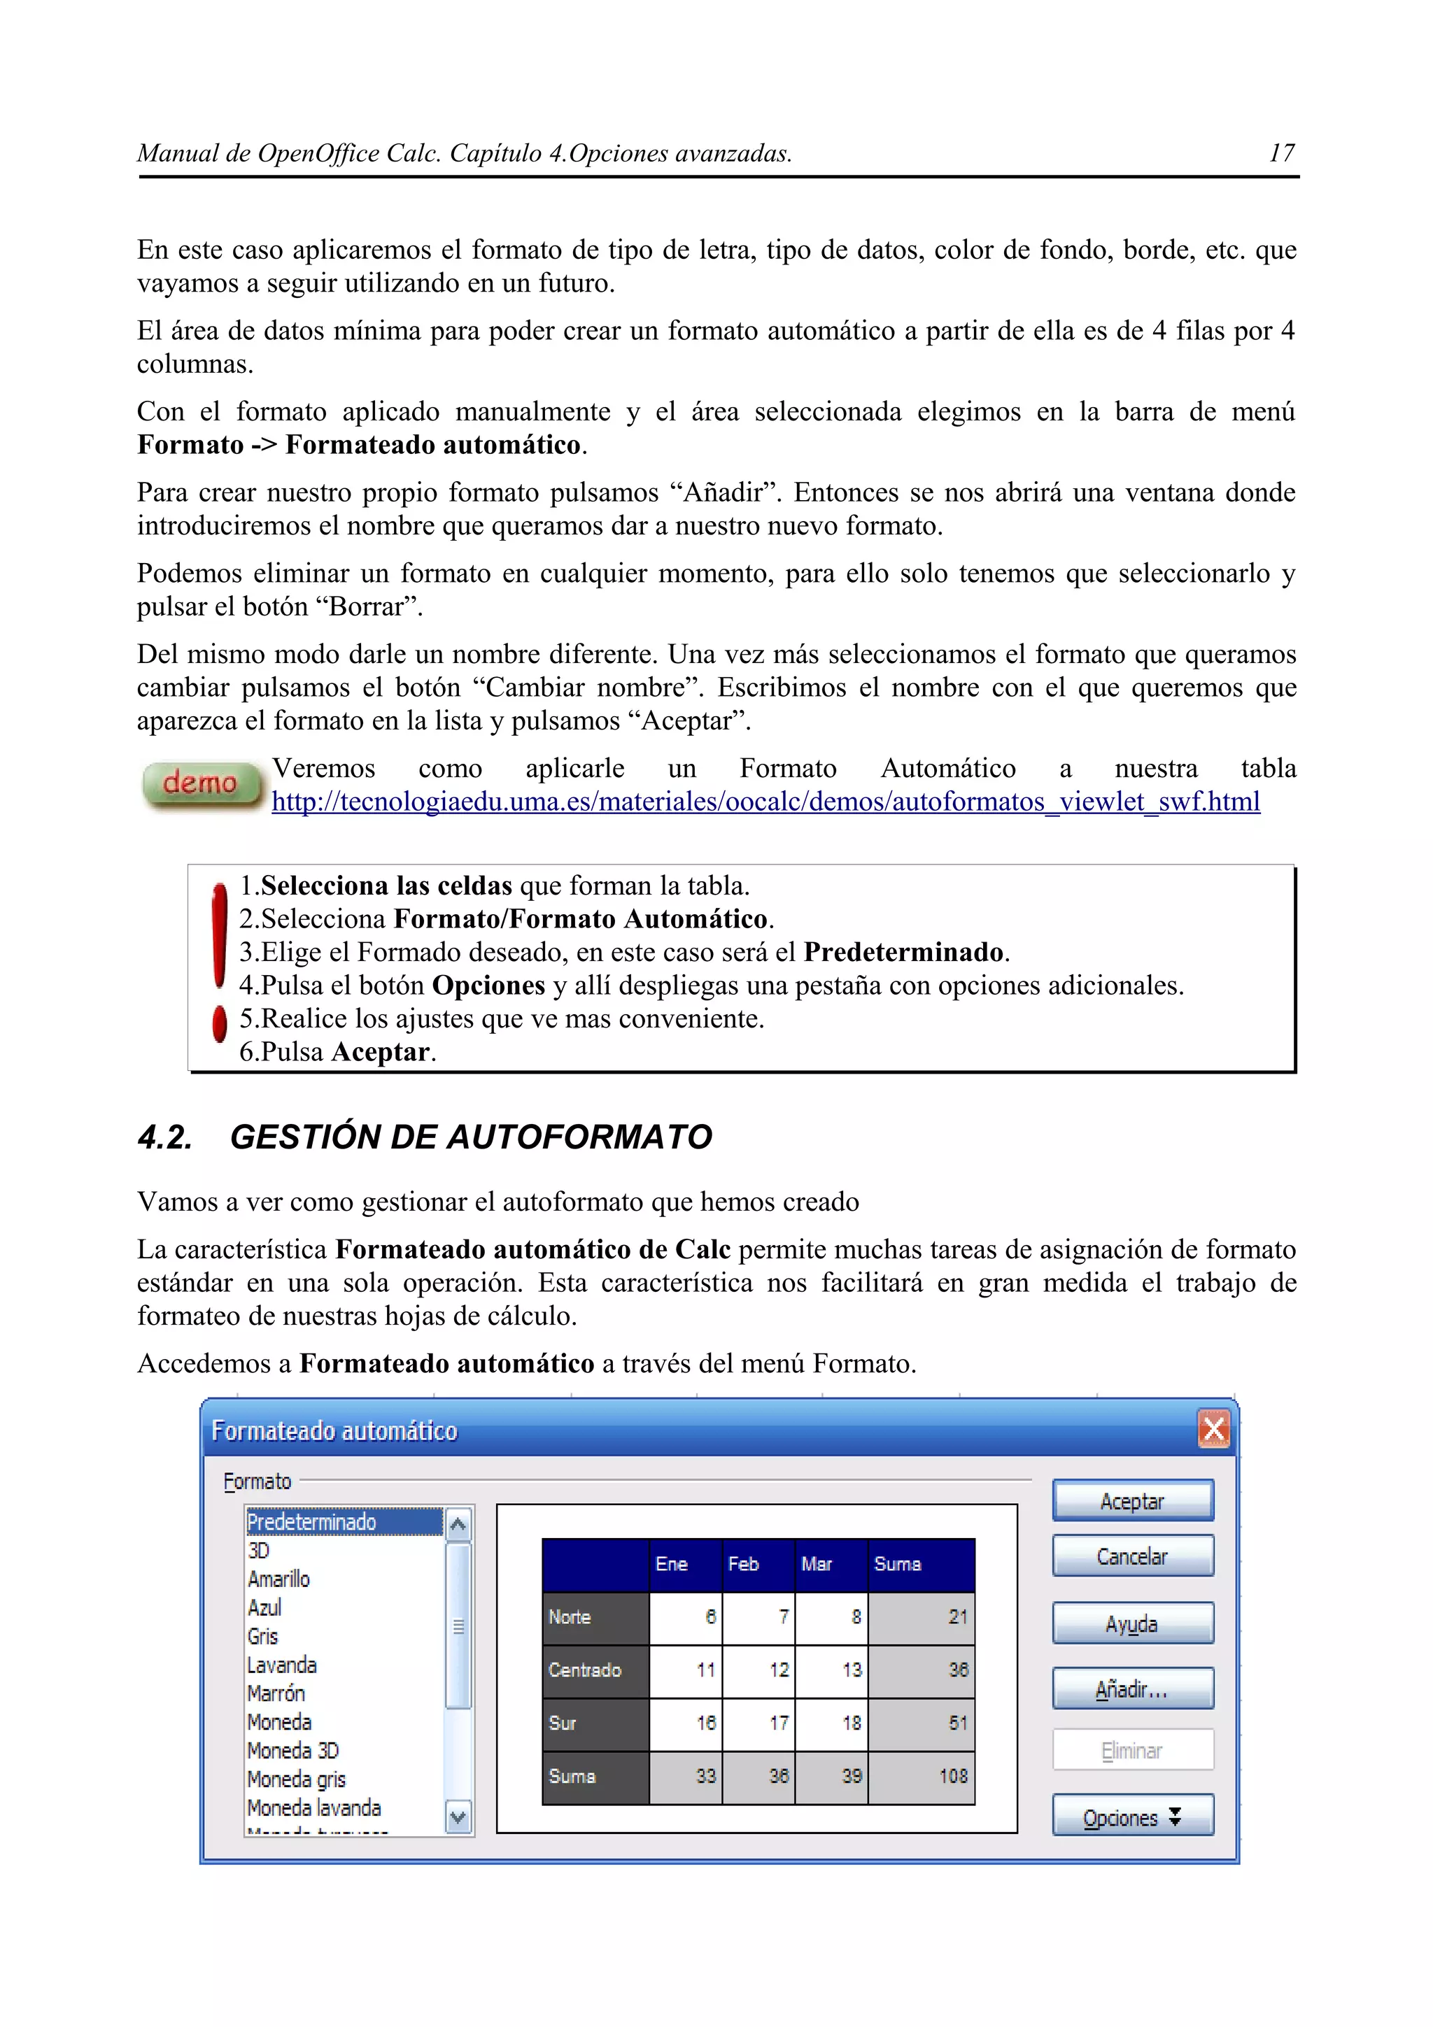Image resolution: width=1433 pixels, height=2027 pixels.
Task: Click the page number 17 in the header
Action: pyautogui.click(x=1281, y=154)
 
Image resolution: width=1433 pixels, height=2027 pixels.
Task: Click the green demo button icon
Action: pyautogui.click(x=202, y=784)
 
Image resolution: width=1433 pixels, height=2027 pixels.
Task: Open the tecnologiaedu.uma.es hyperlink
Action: pyautogui.click(x=765, y=802)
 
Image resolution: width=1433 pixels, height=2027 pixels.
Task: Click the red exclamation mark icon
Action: pyautogui.click(x=220, y=962)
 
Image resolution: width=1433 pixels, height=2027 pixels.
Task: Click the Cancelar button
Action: pyautogui.click(x=1132, y=1556)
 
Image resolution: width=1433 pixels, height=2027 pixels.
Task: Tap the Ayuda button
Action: pyautogui.click(x=1132, y=1623)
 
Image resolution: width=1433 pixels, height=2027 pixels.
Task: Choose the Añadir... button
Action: pyautogui.click(x=1132, y=1689)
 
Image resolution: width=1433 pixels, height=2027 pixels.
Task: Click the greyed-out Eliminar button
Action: pyautogui.click(x=1132, y=1751)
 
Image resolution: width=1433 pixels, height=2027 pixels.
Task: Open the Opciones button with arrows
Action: pyautogui.click(x=1132, y=1817)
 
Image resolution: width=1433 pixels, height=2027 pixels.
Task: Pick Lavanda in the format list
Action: pyautogui.click(x=283, y=1665)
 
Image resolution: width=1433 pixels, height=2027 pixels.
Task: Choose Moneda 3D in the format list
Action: pyautogui.click(x=293, y=1751)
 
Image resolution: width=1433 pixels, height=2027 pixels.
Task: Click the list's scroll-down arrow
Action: pyautogui.click(x=458, y=1817)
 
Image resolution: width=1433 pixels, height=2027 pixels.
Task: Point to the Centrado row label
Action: pyautogui.click(x=584, y=1670)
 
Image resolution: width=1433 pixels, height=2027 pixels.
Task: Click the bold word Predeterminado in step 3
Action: pyautogui.click(x=903, y=952)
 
